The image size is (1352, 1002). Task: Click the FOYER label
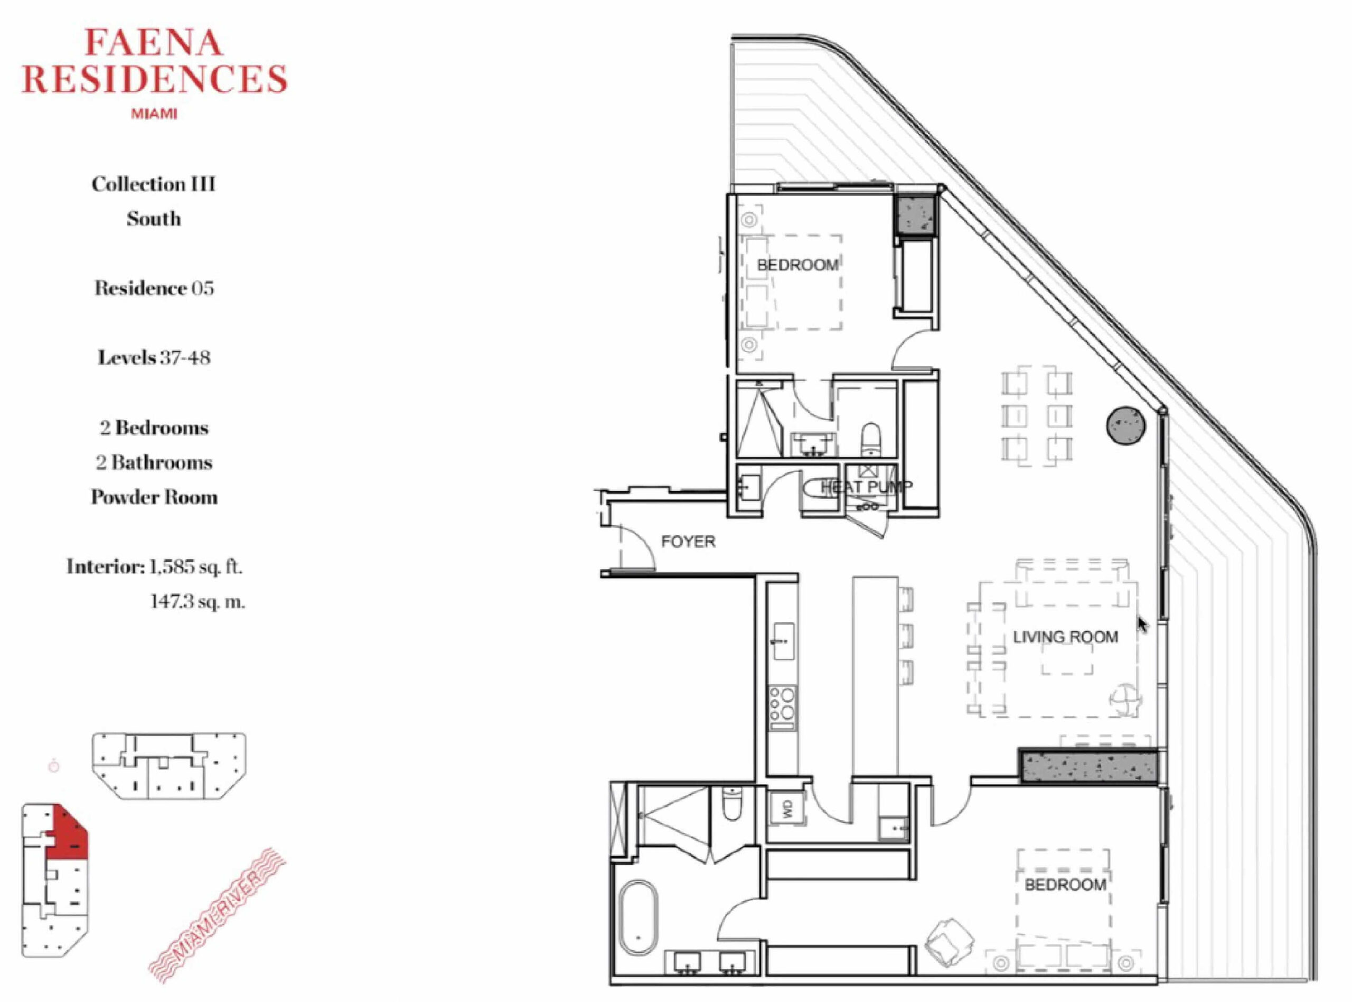point(688,541)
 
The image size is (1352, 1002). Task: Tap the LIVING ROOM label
point(1066,637)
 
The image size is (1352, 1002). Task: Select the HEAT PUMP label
point(867,486)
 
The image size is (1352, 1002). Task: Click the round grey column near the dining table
point(1125,426)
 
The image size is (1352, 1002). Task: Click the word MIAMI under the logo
point(154,114)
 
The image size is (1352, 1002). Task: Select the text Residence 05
point(154,288)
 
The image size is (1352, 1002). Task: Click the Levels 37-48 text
point(154,357)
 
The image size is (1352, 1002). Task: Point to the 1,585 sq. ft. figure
point(195,567)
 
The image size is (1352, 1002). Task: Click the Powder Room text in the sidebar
point(154,497)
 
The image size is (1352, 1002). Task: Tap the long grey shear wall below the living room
point(1088,767)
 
